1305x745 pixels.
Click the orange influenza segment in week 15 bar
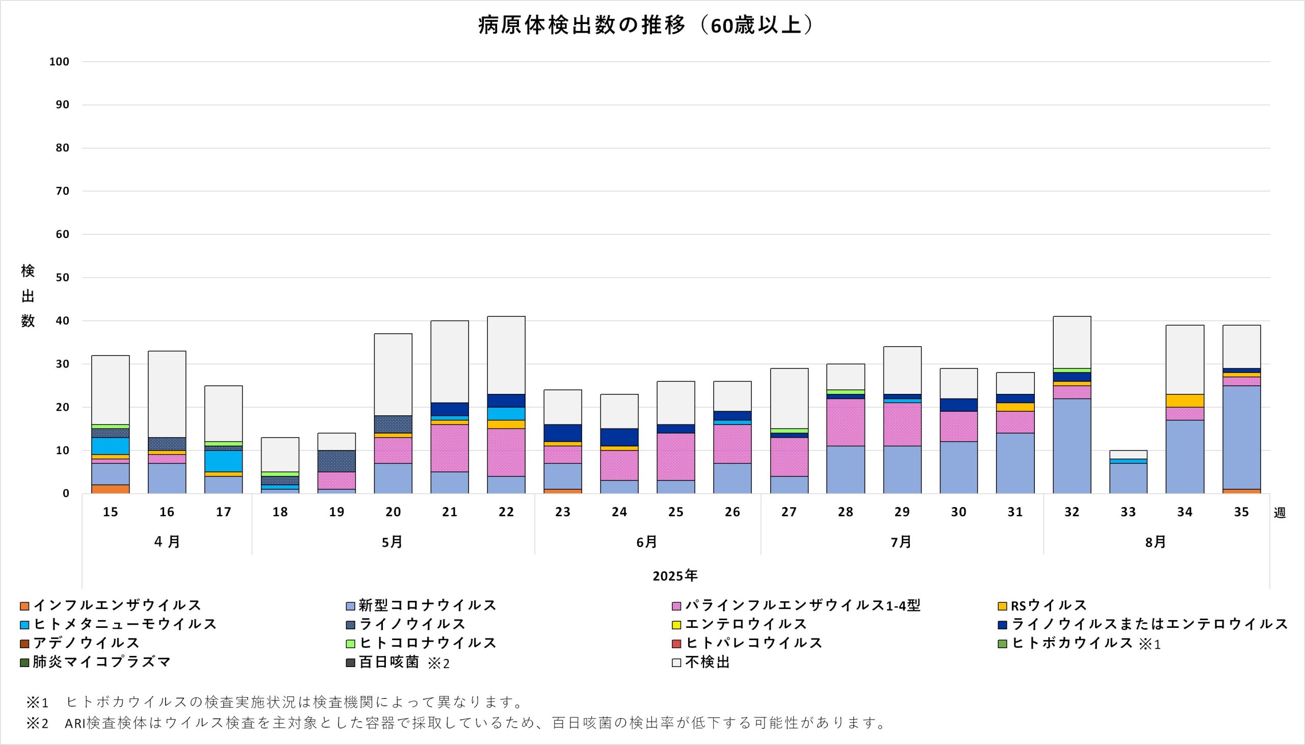click(x=111, y=489)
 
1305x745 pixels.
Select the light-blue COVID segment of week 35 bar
click(x=1242, y=438)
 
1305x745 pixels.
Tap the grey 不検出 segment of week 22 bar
click(x=506, y=355)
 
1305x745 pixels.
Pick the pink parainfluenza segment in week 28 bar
click(x=845, y=422)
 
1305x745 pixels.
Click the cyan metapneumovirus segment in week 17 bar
click(x=224, y=461)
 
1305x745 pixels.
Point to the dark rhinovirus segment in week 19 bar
click(x=337, y=461)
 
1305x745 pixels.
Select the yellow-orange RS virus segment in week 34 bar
click(x=1185, y=401)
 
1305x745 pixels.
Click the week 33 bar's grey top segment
click(x=1129, y=455)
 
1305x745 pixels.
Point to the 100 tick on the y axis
click(x=59, y=62)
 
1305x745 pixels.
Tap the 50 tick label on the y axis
click(x=62, y=278)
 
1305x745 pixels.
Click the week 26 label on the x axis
click(x=733, y=512)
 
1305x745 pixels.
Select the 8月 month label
click(x=1156, y=542)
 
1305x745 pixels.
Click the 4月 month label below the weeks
click(x=167, y=542)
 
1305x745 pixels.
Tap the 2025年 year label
click(x=675, y=576)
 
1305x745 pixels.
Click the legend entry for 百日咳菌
click(x=389, y=662)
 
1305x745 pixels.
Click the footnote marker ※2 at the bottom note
click(x=37, y=723)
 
